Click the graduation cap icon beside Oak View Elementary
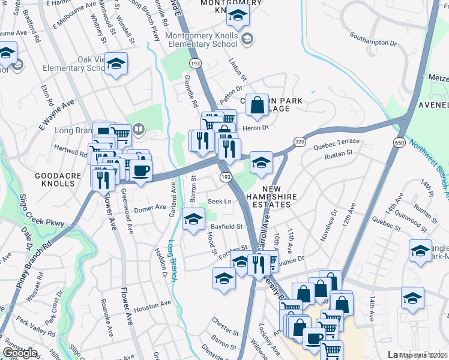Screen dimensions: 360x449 pyautogui.click(x=116, y=63)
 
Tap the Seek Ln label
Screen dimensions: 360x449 pyautogui.click(x=219, y=201)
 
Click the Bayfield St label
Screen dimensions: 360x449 pyautogui.click(x=226, y=227)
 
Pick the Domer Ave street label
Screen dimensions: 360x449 pyautogui.click(x=149, y=208)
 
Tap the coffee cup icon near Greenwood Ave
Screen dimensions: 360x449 pyautogui.click(x=141, y=170)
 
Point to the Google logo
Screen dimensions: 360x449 pyautogui.click(x=19, y=353)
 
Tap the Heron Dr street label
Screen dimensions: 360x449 pyautogui.click(x=255, y=128)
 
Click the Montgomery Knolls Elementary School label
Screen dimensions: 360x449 pyautogui.click(x=202, y=40)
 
